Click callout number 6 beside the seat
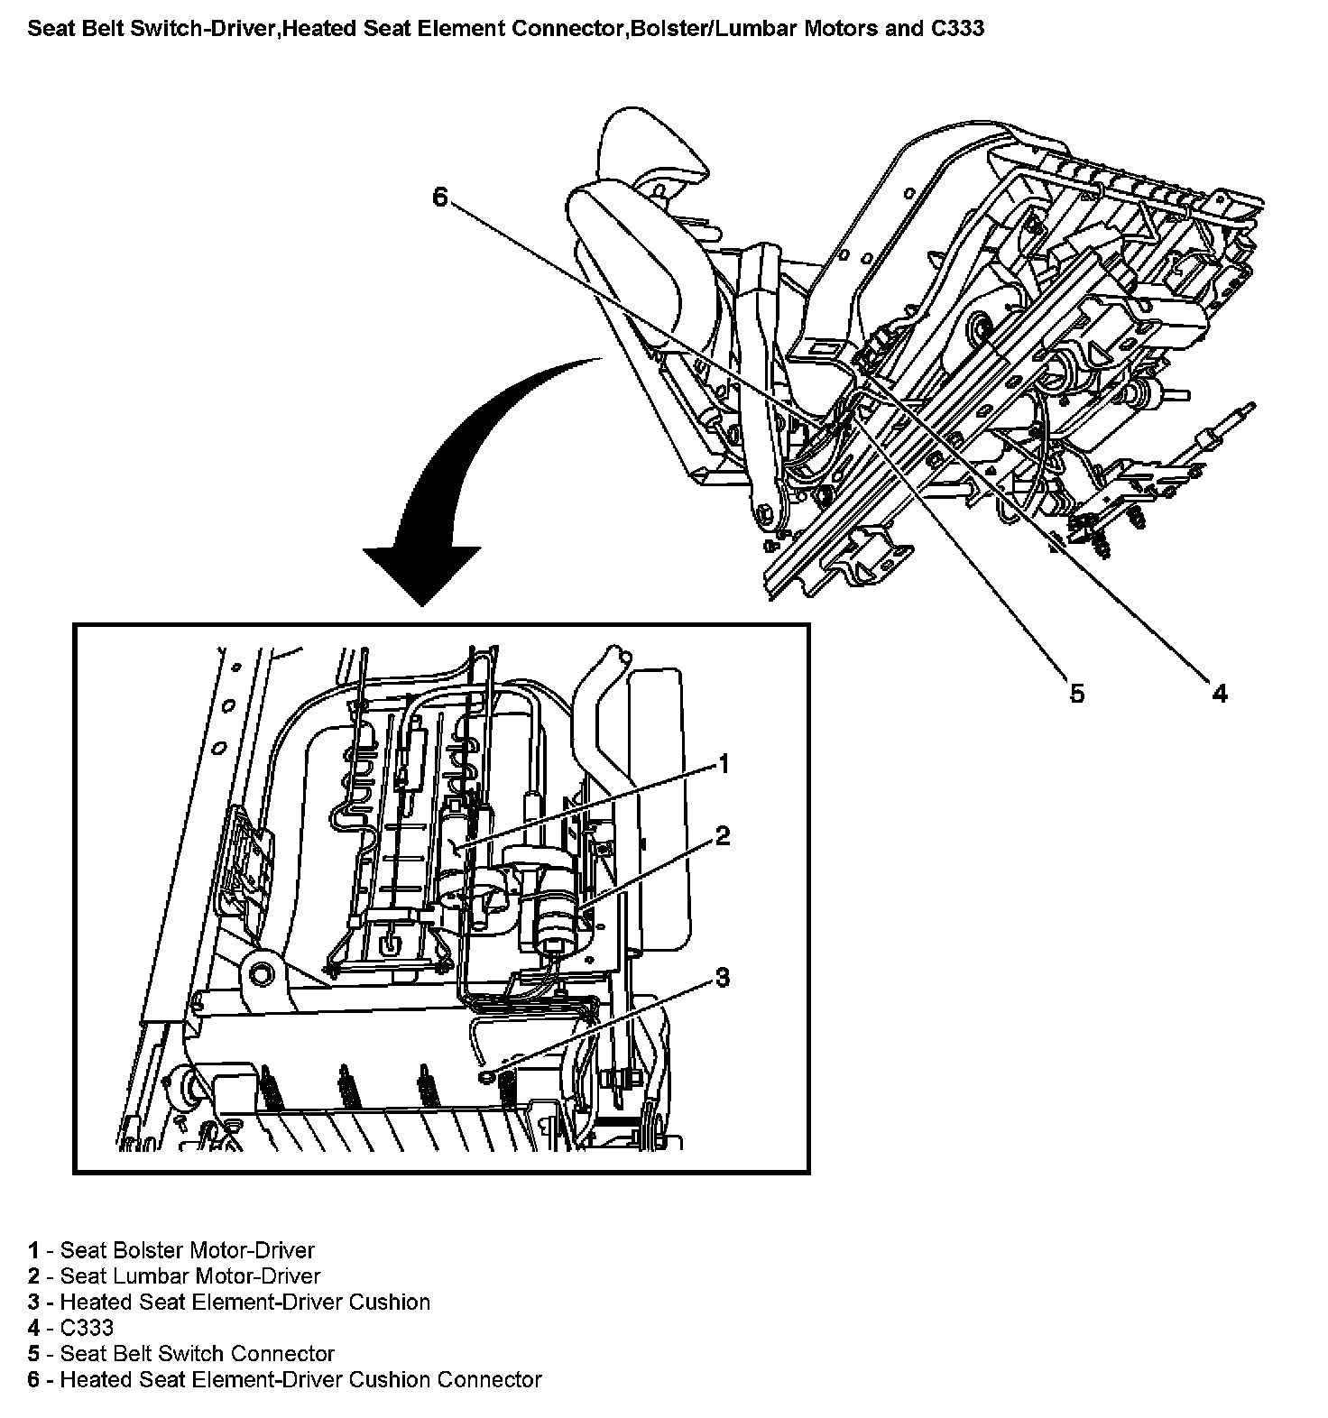tap(440, 196)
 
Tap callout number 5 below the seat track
tap(1076, 693)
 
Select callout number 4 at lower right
tap(1219, 693)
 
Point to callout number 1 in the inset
tap(723, 765)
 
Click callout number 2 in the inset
tap(723, 836)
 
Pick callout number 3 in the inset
tap(723, 977)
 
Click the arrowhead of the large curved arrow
tap(421, 574)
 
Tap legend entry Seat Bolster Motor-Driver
tap(171, 1250)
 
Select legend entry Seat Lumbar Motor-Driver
tap(174, 1276)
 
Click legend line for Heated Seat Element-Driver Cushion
tap(229, 1302)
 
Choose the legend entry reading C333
tap(70, 1328)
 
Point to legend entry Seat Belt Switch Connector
tap(181, 1353)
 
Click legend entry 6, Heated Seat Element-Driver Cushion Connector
tap(285, 1379)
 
